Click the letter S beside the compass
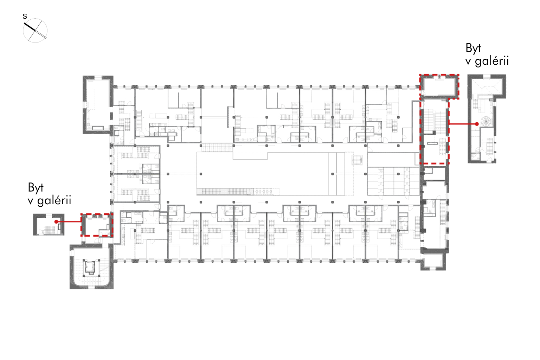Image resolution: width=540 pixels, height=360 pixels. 25,17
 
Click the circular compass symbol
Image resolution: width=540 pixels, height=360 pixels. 35,31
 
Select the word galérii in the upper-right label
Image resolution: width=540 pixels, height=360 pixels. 492,61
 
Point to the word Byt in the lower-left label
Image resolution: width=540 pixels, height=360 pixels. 36,188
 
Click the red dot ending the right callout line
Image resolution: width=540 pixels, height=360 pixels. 477,124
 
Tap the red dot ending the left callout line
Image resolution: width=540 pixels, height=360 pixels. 56,221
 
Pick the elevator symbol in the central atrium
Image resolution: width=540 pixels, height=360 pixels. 357,160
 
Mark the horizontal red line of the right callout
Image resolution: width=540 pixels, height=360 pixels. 462,124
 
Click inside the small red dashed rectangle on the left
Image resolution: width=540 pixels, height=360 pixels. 97,225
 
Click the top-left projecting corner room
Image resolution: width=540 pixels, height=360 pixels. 98,105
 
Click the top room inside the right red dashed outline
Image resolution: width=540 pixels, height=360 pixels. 439,86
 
